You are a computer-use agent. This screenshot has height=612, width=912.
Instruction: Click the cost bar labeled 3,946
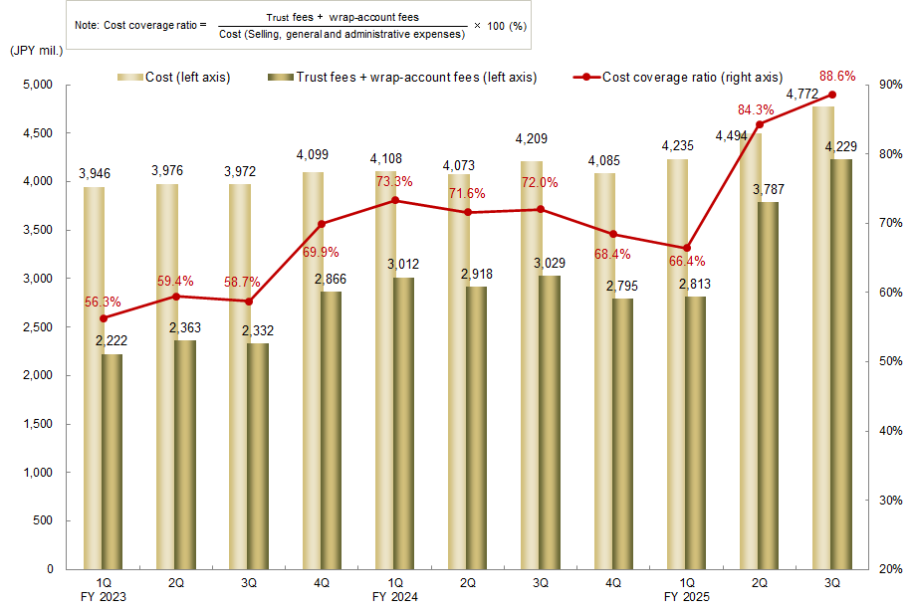[94, 378]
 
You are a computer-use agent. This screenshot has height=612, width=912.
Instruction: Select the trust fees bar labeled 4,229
[841, 364]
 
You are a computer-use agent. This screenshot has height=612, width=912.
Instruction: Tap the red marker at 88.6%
[832, 95]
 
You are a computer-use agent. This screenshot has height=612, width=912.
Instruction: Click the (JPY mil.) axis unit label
[36, 50]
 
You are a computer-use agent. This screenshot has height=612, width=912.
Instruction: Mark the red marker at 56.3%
[103, 318]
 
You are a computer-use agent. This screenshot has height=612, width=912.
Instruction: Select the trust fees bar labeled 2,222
[112, 462]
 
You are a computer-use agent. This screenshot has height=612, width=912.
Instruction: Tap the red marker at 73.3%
[395, 200]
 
